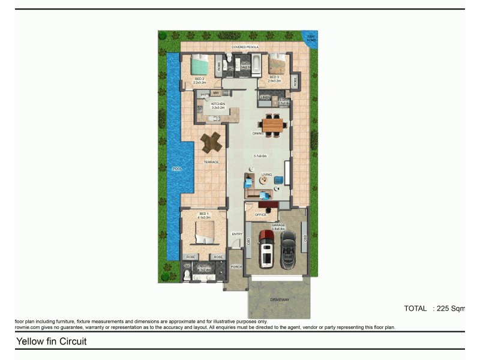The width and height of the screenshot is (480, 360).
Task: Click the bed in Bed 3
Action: (277, 63)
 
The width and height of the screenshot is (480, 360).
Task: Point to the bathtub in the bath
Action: (256, 62)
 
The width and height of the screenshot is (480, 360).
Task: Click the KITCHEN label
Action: (218, 104)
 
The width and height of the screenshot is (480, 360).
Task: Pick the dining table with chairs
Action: (273, 125)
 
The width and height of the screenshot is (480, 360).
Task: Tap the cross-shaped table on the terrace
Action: (211, 142)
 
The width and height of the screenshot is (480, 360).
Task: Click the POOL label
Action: (177, 169)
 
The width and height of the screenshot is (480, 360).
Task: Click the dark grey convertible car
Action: (289, 245)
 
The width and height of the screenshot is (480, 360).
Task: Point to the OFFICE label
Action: (260, 215)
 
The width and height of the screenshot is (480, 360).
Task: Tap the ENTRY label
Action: (237, 234)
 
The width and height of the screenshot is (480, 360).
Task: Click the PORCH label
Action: (236, 267)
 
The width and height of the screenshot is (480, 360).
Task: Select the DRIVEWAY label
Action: (280, 299)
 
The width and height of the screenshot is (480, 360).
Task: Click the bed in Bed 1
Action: (204, 232)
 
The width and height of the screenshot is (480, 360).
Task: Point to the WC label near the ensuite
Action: (187, 266)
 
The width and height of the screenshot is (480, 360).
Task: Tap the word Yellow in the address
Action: (28, 341)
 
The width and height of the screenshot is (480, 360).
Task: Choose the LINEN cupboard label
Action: (265, 97)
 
